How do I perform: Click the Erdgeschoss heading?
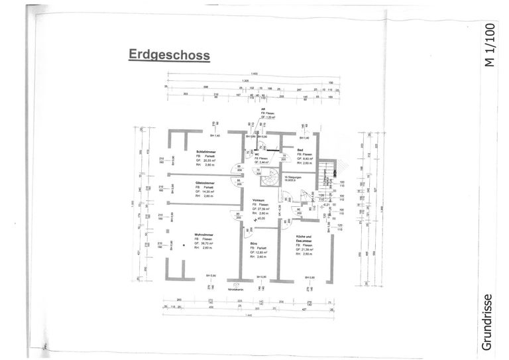(169, 55)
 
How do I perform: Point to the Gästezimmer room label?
(205, 182)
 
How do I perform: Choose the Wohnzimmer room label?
(203, 234)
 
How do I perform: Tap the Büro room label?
(254, 244)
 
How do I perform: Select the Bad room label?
(300, 150)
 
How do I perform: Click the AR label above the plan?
(263, 109)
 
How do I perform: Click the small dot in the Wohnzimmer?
(185, 245)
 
